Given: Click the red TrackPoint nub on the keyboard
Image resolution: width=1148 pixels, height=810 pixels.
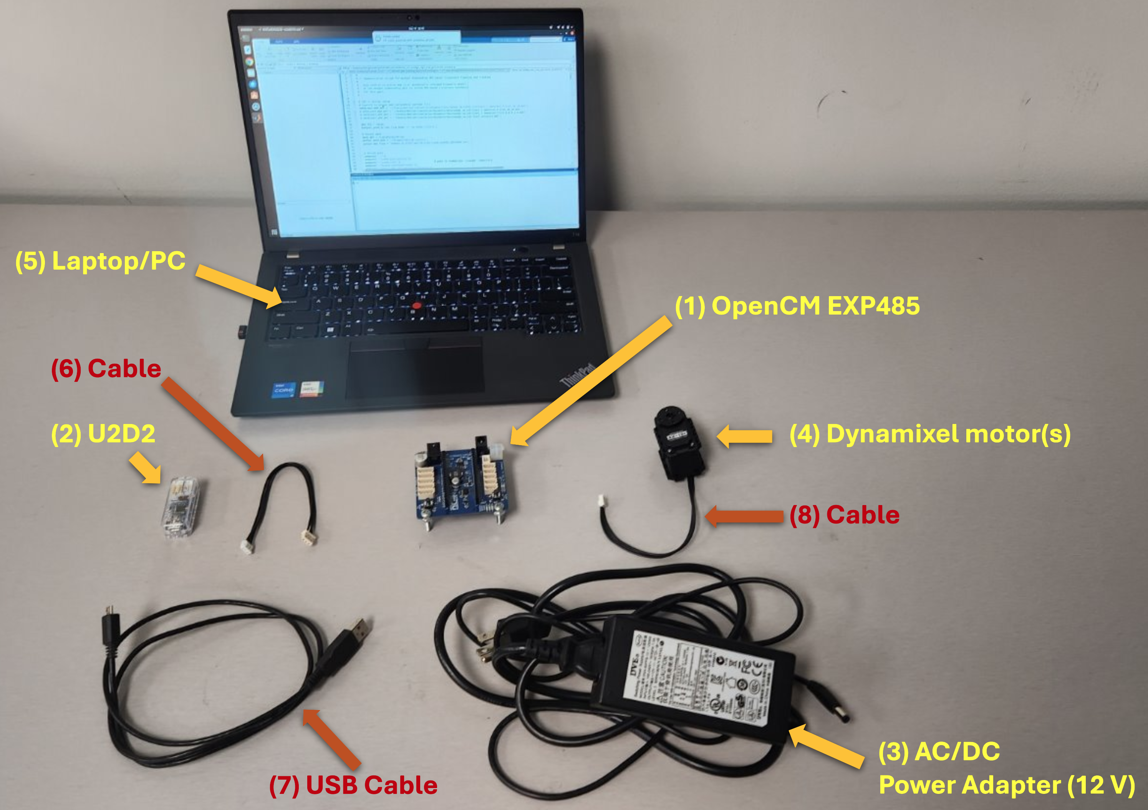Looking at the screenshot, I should pos(416,305).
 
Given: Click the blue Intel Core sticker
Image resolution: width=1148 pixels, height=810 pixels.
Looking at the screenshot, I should pos(283,390).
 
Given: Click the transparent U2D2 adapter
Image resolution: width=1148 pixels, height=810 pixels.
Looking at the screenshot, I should pos(180,507).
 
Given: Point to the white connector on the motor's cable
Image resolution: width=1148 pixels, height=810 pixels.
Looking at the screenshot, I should pos(602,500).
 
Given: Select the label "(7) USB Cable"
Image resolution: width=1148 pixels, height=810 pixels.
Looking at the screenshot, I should pos(353,785).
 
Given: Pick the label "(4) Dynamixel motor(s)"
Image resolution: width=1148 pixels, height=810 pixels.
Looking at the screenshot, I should pos(929,434).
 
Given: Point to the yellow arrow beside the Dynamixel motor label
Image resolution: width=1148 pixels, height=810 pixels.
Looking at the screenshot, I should pos(745,436).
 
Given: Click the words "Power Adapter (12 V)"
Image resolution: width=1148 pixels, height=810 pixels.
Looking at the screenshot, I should pos(1006,785).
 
